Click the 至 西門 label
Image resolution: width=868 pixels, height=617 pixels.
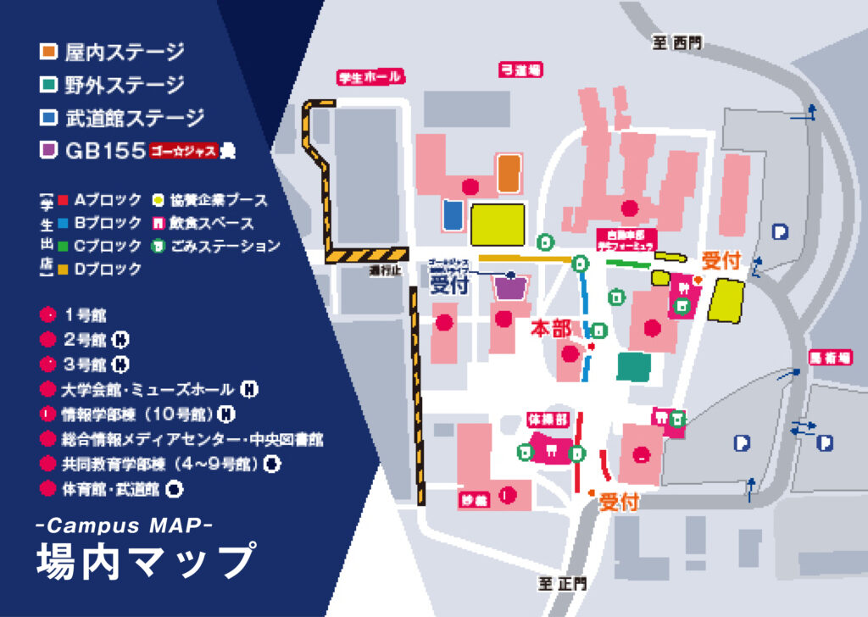coord(676,43)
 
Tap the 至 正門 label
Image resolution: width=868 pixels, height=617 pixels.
coord(562,584)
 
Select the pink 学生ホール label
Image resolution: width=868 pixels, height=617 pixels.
coord(370,78)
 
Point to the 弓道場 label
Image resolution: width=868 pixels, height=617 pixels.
coord(521,70)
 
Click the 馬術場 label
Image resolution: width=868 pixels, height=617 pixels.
coord(829,359)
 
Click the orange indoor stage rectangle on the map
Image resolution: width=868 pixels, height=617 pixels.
coord(509,173)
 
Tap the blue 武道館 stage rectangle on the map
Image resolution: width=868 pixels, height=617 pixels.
coord(453,214)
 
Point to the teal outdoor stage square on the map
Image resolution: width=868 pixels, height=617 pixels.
coord(635,366)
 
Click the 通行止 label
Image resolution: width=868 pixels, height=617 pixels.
coord(383,271)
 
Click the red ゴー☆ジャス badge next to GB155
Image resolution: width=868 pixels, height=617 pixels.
coord(182,152)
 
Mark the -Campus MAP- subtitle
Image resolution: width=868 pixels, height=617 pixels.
coord(124,525)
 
